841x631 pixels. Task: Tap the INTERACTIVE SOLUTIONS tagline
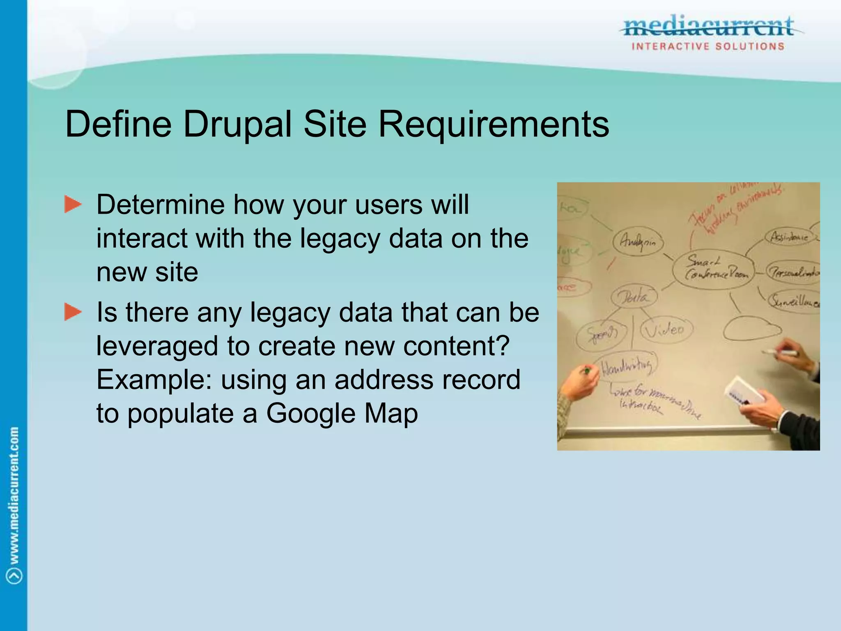click(708, 46)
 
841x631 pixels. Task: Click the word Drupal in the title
click(237, 124)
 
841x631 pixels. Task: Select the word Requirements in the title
click(493, 124)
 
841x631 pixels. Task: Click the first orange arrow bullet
click(73, 205)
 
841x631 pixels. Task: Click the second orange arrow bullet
click(73, 312)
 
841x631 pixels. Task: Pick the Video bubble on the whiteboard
click(666, 329)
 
